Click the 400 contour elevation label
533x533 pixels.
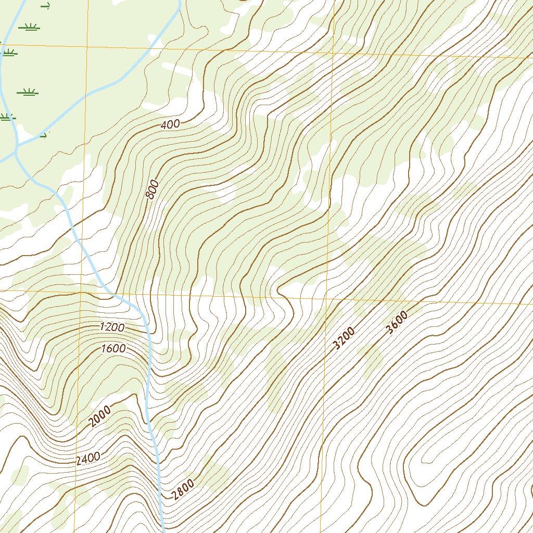click(170, 124)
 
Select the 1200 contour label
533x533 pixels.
click(112, 327)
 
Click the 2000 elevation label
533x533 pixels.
click(99, 416)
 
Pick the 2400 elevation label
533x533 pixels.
click(88, 459)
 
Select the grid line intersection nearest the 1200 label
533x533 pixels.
click(82, 293)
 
